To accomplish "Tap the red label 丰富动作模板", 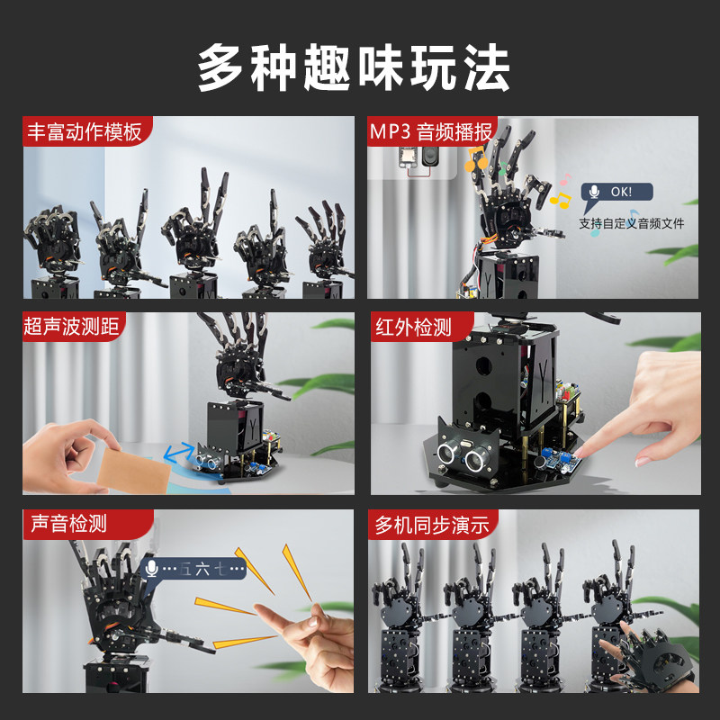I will tap(85, 132).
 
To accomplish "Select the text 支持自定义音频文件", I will tap(631, 223).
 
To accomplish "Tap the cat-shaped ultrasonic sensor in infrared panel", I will tap(464, 451).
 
